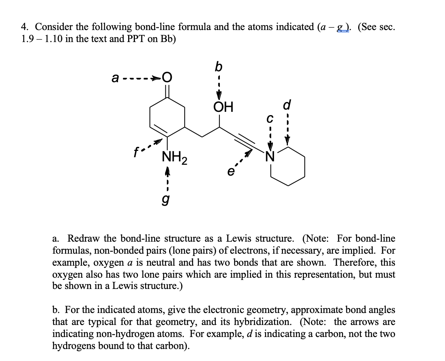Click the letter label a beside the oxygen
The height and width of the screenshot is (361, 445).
(x=116, y=79)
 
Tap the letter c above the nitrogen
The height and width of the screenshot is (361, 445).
(x=269, y=119)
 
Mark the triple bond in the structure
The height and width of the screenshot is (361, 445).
(x=245, y=141)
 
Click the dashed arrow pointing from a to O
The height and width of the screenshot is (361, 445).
(x=142, y=79)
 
